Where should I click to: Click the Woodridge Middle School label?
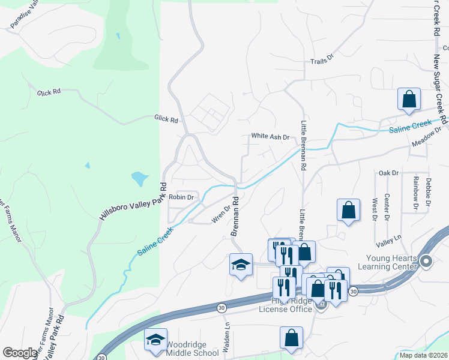[x=192, y=349]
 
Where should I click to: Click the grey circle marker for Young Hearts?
[x=427, y=261]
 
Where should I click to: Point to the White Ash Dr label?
[x=270, y=137]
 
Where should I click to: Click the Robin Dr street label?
[x=181, y=197]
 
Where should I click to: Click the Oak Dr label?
[x=388, y=173]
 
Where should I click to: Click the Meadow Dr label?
[x=426, y=137]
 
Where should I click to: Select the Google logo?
[x=20, y=353]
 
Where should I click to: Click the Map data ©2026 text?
[x=423, y=355]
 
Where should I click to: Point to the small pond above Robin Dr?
[x=139, y=178]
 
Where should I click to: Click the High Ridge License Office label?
[x=286, y=305]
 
